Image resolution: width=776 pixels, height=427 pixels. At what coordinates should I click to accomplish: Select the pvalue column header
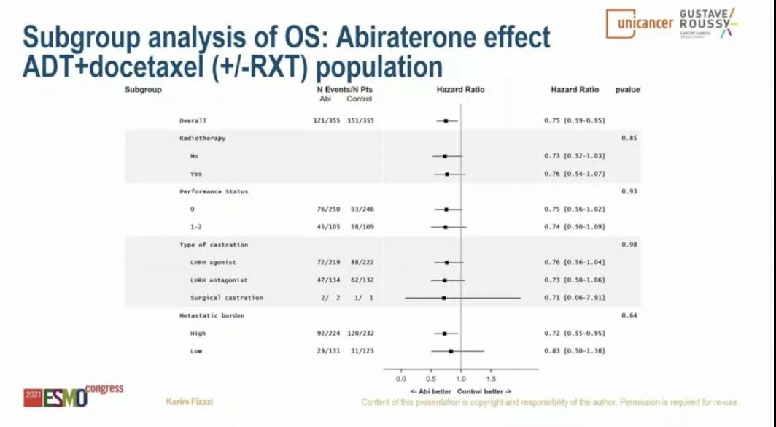click(x=627, y=90)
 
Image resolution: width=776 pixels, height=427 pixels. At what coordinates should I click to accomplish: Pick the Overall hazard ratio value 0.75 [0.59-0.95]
click(x=575, y=120)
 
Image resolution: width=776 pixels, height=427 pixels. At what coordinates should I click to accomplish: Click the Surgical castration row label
click(x=227, y=298)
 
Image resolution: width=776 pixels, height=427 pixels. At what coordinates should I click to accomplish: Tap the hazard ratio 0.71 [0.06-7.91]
click(x=575, y=298)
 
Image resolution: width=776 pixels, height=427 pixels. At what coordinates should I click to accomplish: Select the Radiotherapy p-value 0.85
click(x=629, y=138)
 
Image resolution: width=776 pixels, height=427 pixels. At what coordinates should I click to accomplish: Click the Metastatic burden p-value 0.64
click(x=629, y=315)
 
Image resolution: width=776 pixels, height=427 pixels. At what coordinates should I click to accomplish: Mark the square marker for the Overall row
click(x=446, y=120)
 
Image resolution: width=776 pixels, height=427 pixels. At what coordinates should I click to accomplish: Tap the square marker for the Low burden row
click(x=451, y=351)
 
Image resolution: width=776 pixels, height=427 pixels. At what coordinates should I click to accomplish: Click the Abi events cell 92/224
click(x=326, y=334)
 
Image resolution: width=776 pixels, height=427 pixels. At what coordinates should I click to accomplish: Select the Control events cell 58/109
click(x=362, y=227)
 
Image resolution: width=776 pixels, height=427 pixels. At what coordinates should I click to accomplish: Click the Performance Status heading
click(x=214, y=191)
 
